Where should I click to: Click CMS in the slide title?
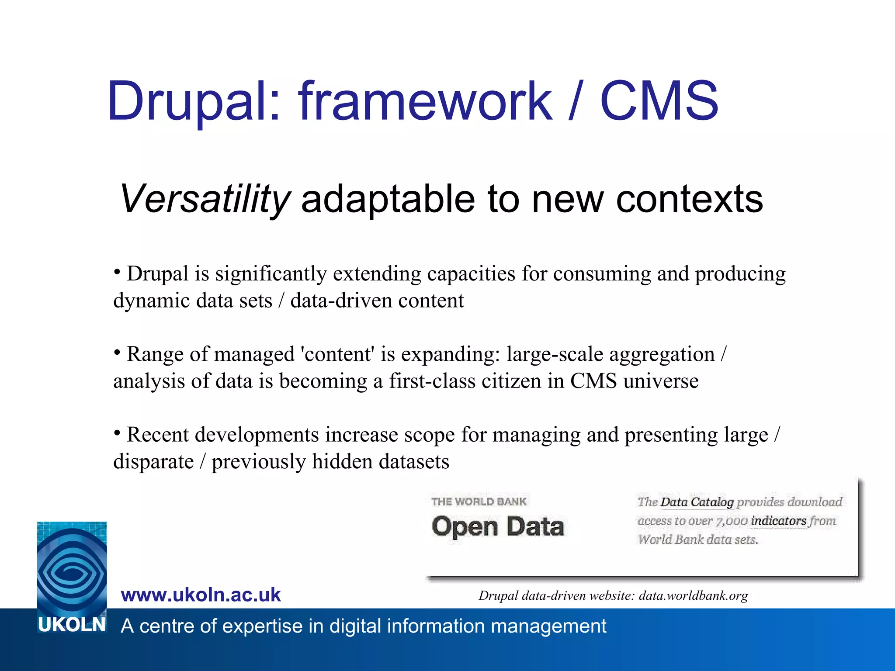[659, 101]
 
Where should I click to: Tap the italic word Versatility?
[205, 199]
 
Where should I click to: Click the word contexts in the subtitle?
[689, 199]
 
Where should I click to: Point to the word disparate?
[153, 461]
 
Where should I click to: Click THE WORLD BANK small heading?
[479, 502]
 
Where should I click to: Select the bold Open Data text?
[497, 526]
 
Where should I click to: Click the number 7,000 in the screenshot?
[731, 521]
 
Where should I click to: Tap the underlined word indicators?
[778, 521]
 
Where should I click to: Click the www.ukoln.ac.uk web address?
[201, 595]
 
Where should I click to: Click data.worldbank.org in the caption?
[693, 595]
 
